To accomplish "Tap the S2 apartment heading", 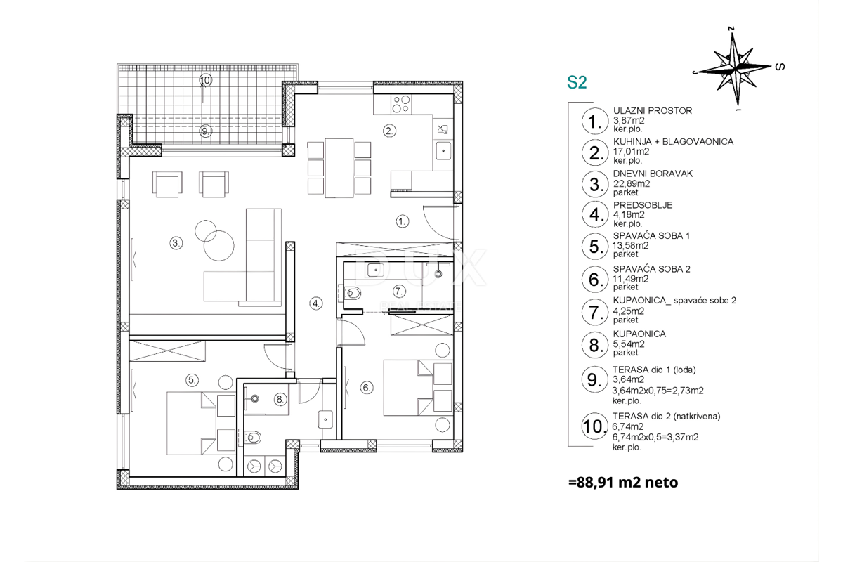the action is (x=577, y=83).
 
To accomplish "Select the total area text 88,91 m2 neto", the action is (x=624, y=482).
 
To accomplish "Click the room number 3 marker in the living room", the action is (x=176, y=243).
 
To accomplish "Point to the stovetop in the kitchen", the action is (x=401, y=104).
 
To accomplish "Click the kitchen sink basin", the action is (x=444, y=151).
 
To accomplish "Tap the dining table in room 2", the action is (x=339, y=168).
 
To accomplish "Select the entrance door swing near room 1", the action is (x=439, y=223).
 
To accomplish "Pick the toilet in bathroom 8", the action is (x=251, y=438).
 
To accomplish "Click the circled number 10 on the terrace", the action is (x=205, y=80).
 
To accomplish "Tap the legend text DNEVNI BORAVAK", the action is (x=653, y=174).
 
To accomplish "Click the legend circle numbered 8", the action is (x=594, y=344).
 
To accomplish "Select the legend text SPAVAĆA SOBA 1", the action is (x=651, y=235).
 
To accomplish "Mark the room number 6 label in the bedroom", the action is (x=367, y=388).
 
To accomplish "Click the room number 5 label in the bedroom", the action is (x=192, y=380).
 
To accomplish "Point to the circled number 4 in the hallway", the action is (x=316, y=303).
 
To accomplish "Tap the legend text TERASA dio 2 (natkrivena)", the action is (x=667, y=417).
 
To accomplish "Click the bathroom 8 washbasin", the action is (x=325, y=419).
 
